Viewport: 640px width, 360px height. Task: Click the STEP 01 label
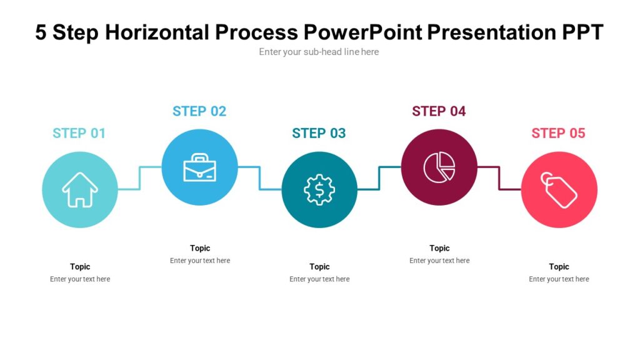coord(79,133)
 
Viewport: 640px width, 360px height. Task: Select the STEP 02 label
coord(199,111)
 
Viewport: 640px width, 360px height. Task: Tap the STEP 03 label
coord(319,133)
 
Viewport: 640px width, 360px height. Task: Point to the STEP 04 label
coord(439,111)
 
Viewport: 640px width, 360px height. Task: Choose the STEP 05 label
coord(558,133)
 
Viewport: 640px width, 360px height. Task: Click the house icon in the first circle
coord(80,189)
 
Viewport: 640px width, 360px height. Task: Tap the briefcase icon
coord(200,168)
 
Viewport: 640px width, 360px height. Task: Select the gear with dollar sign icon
coord(319,189)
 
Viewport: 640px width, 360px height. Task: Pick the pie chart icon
coord(439,167)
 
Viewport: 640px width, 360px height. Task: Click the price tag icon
coord(559,189)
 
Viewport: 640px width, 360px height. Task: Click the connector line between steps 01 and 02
coord(140,177)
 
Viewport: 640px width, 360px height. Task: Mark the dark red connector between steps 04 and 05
coord(499,178)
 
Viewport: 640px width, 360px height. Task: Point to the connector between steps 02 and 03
coord(260,178)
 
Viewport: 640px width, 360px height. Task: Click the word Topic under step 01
coord(80,267)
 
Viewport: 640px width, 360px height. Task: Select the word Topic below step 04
coord(439,248)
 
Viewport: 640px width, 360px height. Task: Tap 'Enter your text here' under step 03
coord(319,279)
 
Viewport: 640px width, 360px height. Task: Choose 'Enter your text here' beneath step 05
coord(559,279)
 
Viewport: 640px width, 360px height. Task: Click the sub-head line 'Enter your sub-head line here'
coord(319,52)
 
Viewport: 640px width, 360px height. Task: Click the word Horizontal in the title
coord(159,32)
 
